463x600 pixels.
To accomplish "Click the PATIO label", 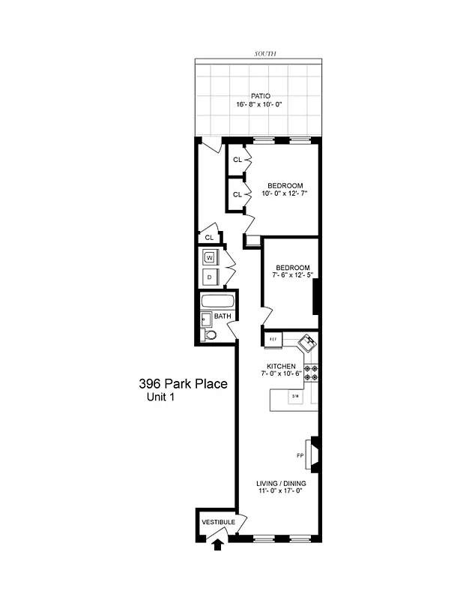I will pos(261,96).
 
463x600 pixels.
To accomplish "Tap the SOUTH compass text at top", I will pos(265,55).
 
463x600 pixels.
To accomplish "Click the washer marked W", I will pos(210,257).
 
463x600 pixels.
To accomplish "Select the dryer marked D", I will pos(210,277).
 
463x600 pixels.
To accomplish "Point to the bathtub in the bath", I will pos(217,302).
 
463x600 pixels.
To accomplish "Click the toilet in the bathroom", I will pos(210,335).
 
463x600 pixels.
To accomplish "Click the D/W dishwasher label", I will pos(295,396).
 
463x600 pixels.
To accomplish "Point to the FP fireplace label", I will pos(300,455).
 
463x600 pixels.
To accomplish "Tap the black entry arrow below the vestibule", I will pos(218,544).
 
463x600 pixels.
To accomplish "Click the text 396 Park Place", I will pos(183,384).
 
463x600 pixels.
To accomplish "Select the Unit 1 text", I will pos(161,397).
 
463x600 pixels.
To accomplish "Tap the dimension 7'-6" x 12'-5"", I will pos(292,275).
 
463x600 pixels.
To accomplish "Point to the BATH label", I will pos(223,316).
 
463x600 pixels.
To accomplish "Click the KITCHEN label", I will pos(292,365).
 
